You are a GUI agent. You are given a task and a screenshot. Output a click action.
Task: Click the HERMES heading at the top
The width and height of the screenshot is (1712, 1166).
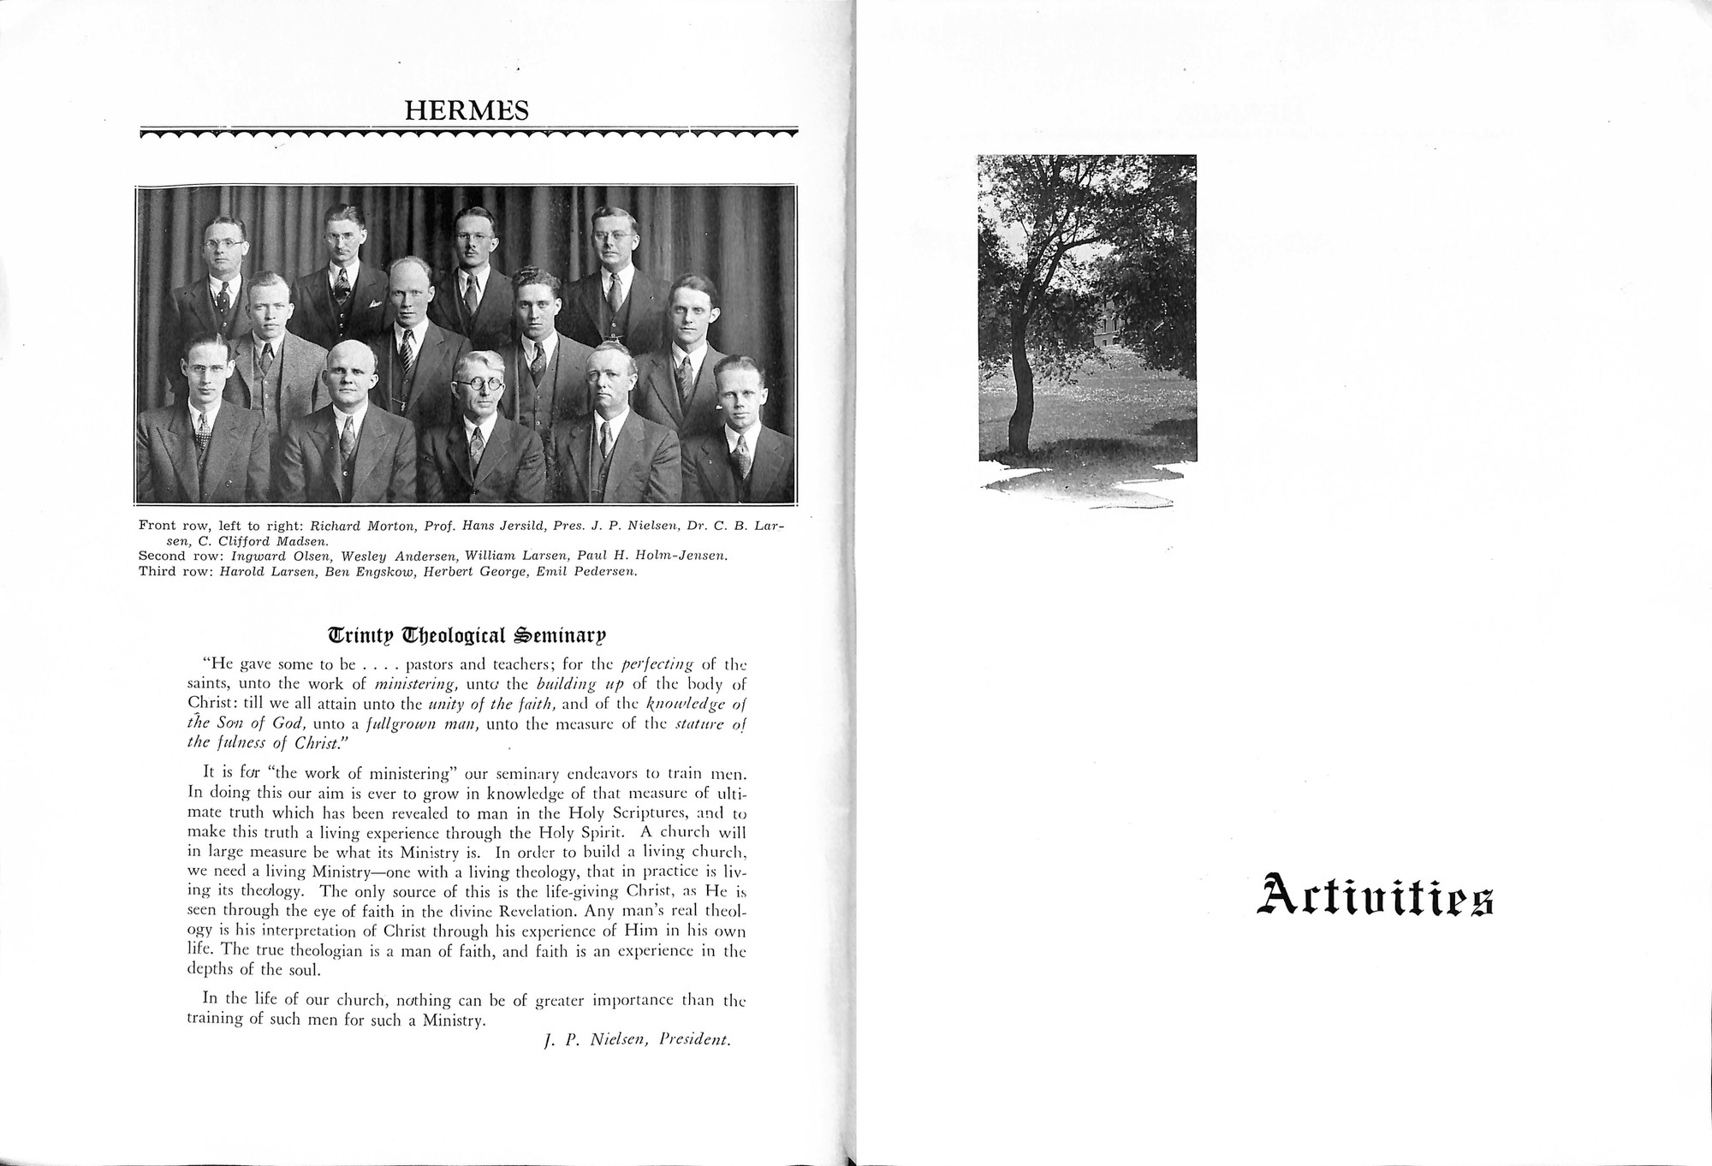point(467,110)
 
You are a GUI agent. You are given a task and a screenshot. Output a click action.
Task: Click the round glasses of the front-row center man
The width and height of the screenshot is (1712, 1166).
point(478,384)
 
